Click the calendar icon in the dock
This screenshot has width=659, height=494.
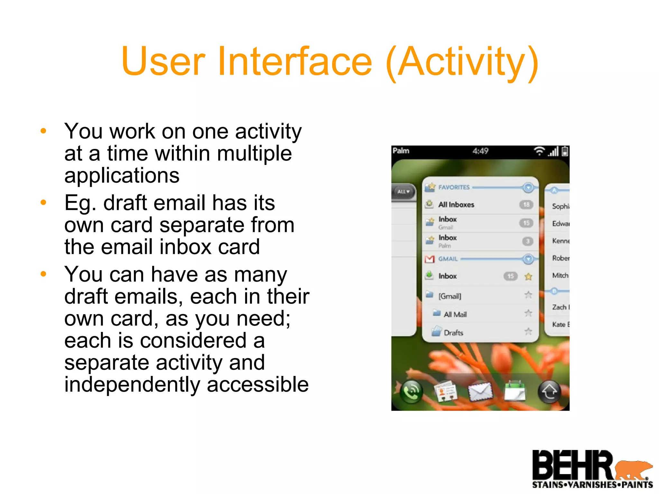[515, 391]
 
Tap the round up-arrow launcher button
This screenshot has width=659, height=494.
[549, 391]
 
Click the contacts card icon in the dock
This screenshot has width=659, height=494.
[445, 391]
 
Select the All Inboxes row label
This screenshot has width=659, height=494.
[456, 205]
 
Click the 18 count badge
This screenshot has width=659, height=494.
[526, 205]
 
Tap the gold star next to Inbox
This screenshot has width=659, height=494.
[528, 276]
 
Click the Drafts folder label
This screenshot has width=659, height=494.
[453, 333]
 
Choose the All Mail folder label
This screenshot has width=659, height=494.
[455, 315]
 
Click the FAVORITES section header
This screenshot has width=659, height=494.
[454, 187]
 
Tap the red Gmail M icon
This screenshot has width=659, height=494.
[429, 259]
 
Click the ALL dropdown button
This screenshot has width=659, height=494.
[403, 192]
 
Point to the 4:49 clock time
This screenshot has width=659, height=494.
[480, 151]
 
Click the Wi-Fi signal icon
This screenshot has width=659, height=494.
[539, 151]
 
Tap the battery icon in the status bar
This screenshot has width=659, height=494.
[565, 151]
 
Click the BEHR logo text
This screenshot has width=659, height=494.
[573, 465]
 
